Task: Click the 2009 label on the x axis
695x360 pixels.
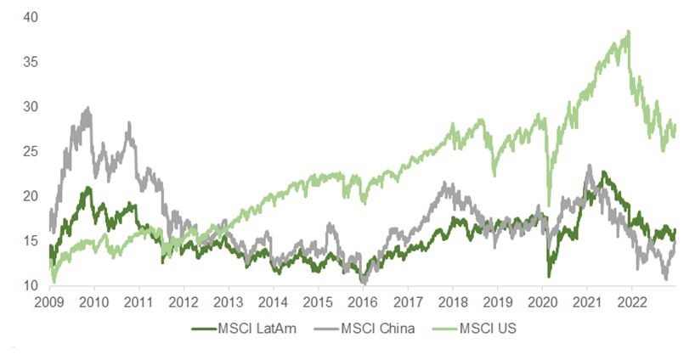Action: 49,302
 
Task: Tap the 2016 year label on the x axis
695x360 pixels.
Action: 363,302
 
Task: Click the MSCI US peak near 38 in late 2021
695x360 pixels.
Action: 629,31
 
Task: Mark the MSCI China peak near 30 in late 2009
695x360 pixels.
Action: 88,108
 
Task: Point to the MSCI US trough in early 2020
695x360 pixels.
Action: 550,205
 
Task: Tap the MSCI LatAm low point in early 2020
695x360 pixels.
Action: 549,276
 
